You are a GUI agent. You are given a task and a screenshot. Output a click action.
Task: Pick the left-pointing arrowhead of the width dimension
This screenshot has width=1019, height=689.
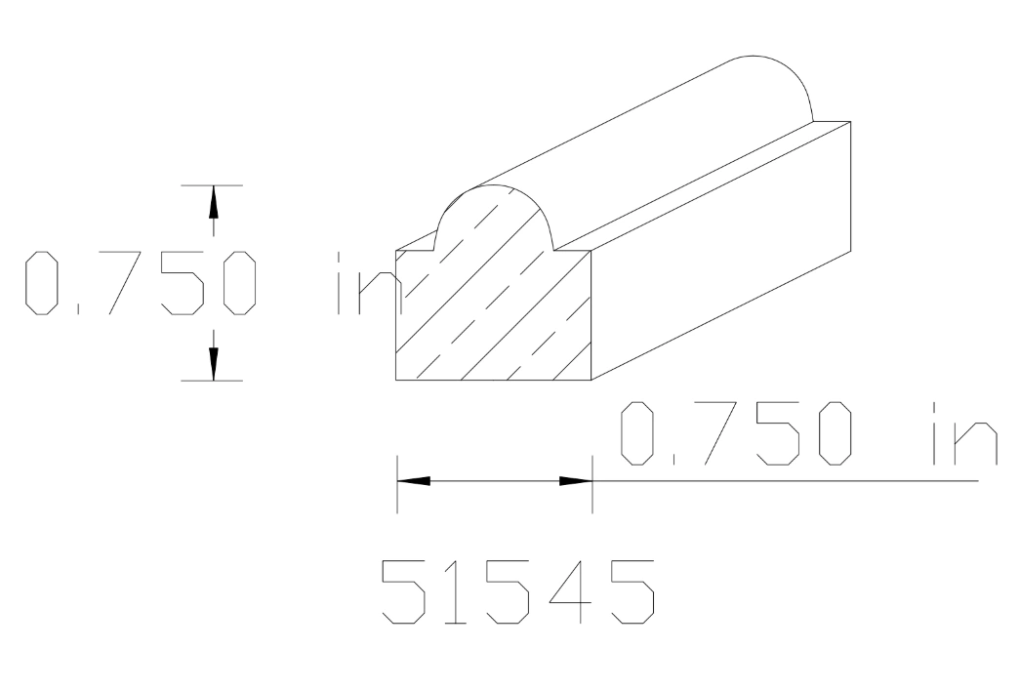(414, 481)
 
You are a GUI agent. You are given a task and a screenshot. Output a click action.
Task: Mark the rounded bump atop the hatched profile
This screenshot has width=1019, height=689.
(494, 215)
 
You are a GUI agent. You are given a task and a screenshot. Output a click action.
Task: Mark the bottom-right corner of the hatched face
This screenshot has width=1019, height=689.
(591, 380)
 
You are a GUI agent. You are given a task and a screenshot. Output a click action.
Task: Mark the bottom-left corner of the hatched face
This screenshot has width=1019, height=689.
(395, 380)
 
